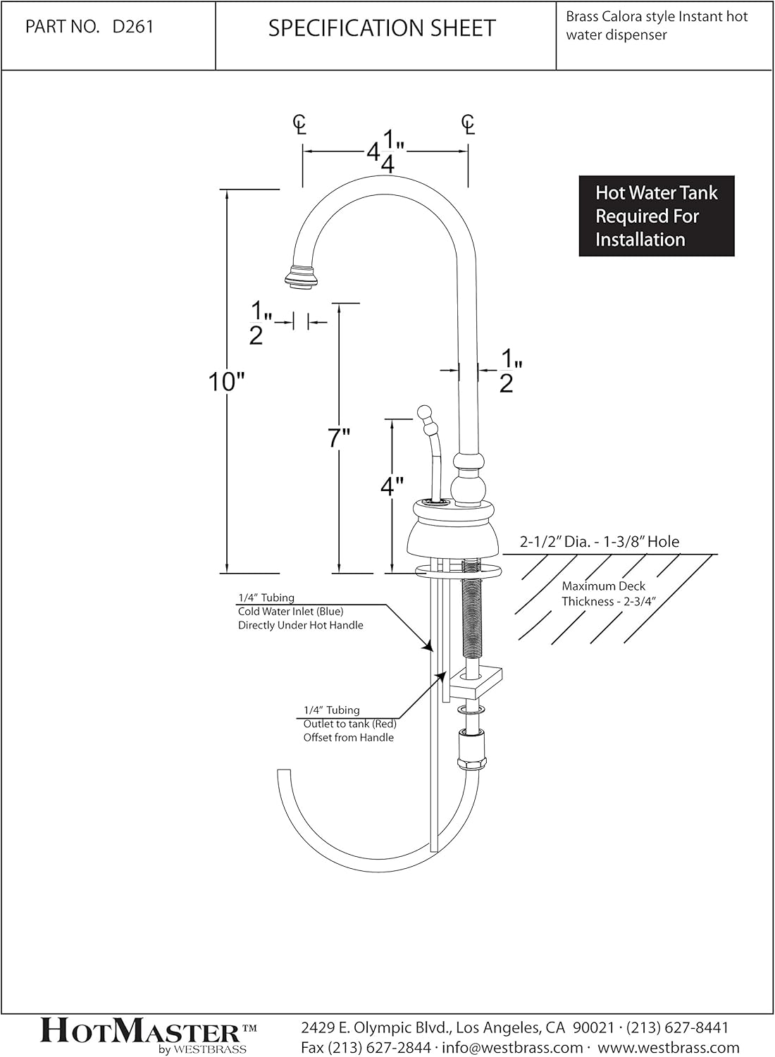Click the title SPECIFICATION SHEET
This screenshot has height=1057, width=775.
[x=382, y=28]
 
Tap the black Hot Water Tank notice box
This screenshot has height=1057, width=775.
[x=656, y=216]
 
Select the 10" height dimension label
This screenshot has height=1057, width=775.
[x=225, y=382]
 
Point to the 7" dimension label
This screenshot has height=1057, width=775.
[x=339, y=438]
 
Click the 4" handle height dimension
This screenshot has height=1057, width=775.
[x=392, y=486]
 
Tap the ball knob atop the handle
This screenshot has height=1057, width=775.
[x=424, y=412]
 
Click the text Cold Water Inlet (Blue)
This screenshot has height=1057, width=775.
[x=290, y=611]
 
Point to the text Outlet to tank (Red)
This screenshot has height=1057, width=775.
[x=349, y=724]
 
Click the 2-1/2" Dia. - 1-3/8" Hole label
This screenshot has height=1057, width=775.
[x=599, y=542]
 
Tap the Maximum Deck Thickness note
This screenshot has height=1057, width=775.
[x=603, y=593]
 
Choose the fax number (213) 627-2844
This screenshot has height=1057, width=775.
[x=366, y=1048]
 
